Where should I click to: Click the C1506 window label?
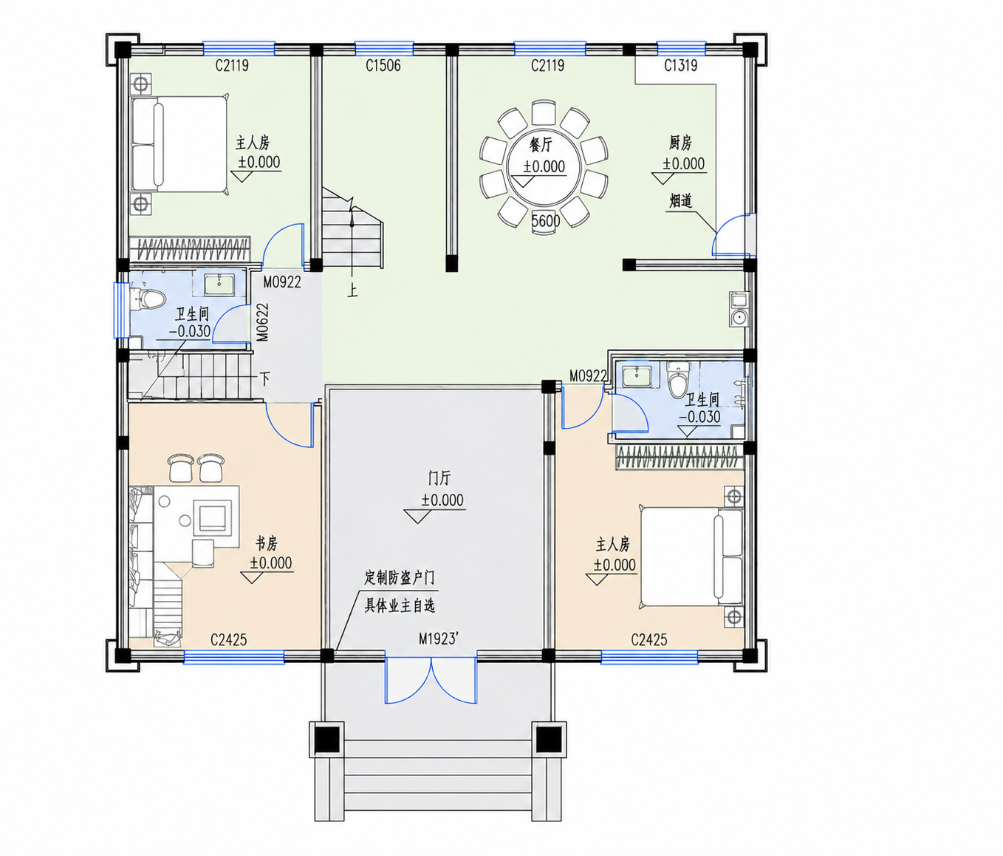383,66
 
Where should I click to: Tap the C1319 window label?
681,66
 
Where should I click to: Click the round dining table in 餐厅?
544,166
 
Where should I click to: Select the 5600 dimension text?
546,222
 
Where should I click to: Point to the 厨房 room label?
679,143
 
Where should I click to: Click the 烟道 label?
680,200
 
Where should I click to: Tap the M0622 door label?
262,322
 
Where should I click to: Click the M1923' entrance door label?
438,639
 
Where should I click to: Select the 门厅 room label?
439,478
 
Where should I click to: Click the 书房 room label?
267,543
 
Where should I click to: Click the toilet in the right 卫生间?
678,378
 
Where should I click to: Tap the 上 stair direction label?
352,291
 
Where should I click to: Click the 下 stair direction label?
264,378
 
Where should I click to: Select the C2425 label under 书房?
228,640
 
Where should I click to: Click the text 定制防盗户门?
400,578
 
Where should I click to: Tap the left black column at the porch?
326,739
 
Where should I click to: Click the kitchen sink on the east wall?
739,309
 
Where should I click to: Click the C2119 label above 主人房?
232,66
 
